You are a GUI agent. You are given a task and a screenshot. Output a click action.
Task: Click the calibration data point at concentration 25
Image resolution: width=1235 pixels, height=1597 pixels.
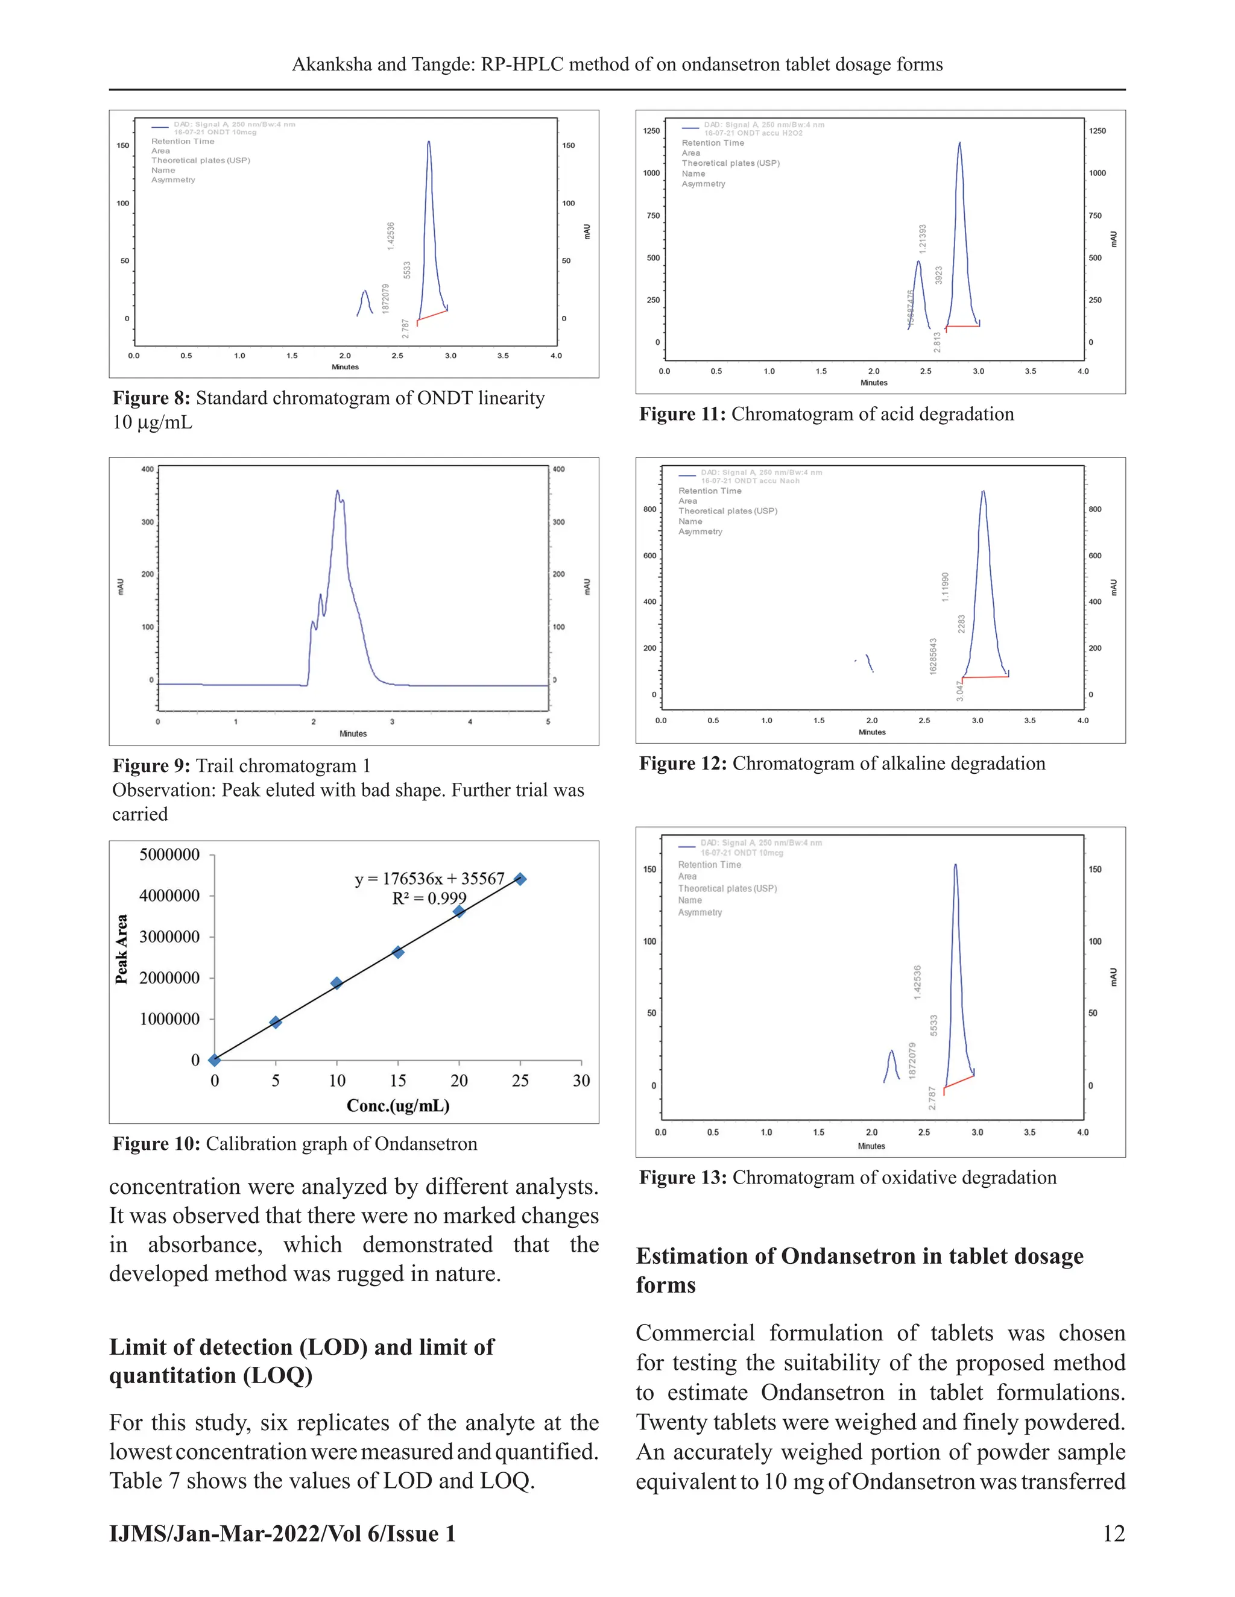pos(520,879)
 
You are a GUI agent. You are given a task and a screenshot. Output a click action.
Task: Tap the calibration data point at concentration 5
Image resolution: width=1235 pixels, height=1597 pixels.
pos(276,1022)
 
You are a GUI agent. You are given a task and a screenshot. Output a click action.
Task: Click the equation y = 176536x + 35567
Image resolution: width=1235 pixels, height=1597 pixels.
pos(429,878)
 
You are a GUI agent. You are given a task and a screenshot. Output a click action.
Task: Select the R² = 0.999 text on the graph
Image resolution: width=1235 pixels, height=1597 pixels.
pos(429,899)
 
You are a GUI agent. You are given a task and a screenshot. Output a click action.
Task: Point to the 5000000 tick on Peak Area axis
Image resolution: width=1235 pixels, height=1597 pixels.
pos(169,855)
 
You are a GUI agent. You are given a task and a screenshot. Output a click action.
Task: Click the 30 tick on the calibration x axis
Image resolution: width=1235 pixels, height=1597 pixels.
pos(581,1080)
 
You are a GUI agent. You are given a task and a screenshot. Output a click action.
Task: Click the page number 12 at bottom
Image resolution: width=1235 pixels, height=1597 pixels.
pos(1113,1533)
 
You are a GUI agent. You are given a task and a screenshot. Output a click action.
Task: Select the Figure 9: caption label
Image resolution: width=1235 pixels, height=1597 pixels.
pos(151,765)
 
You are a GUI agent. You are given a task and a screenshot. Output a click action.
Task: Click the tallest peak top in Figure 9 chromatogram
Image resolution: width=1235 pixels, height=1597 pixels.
pos(337,491)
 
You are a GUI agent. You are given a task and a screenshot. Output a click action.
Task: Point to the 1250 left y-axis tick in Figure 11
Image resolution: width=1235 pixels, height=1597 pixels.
pos(651,131)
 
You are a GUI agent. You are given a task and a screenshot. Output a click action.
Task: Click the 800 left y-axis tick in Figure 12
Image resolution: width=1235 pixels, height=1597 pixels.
pos(649,510)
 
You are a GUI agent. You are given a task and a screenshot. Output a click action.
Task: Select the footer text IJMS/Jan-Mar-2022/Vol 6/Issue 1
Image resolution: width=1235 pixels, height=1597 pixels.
pos(282,1533)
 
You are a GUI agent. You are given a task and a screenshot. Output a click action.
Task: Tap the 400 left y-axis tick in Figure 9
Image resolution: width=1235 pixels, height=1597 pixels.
pos(147,469)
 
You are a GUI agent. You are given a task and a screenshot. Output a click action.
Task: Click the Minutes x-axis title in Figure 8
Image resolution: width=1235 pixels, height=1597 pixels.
pos(346,367)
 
